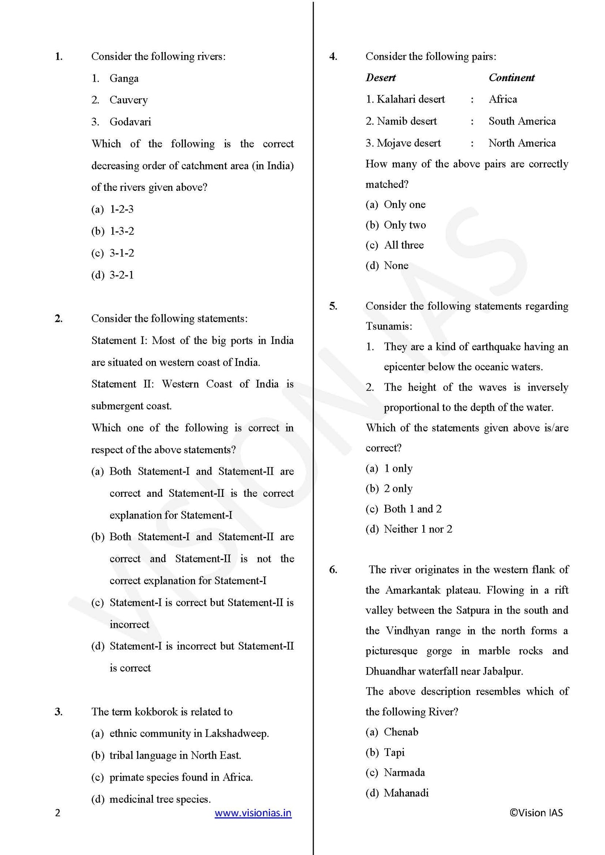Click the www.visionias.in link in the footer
click(x=253, y=813)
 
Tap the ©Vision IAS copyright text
click(x=536, y=812)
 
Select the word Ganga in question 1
click(x=124, y=78)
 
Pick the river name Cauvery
click(x=129, y=100)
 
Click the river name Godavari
click(x=130, y=122)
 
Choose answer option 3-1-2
click(x=121, y=253)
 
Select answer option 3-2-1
click(x=121, y=275)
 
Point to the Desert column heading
click(x=381, y=77)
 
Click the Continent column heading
click(x=512, y=77)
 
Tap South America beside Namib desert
click(x=522, y=121)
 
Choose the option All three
click(x=404, y=245)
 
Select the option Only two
click(x=404, y=225)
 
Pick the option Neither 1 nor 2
click(x=418, y=529)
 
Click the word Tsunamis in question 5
click(x=388, y=326)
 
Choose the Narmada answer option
click(x=404, y=772)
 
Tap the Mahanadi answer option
click(x=406, y=793)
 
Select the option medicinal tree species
click(x=160, y=799)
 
